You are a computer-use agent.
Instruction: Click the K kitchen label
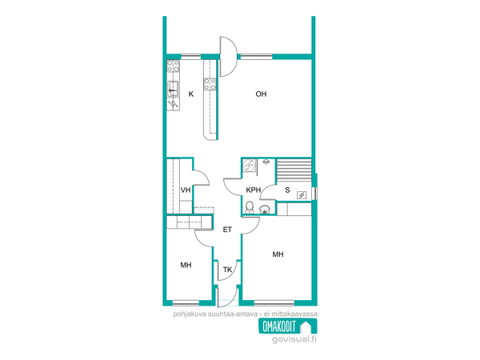[191, 94]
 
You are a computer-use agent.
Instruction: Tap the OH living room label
[261, 94]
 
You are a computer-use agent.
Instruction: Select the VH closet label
[186, 190]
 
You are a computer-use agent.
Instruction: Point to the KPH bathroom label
[254, 190]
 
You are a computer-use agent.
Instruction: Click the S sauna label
[287, 190]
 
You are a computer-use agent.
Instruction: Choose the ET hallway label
[227, 230]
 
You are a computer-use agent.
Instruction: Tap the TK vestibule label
[227, 270]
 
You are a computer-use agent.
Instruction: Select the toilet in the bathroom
[250, 207]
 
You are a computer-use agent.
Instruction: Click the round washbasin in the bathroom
[265, 210]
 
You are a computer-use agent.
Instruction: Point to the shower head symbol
[266, 162]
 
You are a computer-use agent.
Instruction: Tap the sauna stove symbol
[302, 195]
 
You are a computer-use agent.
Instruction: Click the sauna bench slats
[294, 170]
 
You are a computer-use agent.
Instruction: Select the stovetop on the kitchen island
[210, 84]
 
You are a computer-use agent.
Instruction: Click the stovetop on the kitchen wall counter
[173, 66]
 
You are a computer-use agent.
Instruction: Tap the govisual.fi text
[294, 339]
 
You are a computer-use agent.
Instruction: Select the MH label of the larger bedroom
[278, 254]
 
